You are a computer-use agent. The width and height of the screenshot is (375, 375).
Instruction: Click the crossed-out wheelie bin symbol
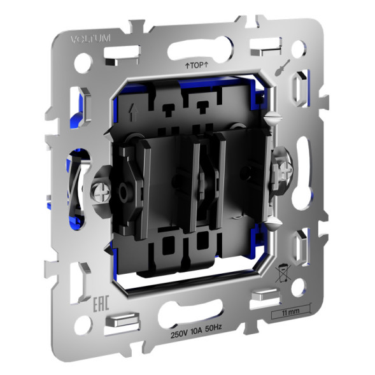point(281,275)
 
